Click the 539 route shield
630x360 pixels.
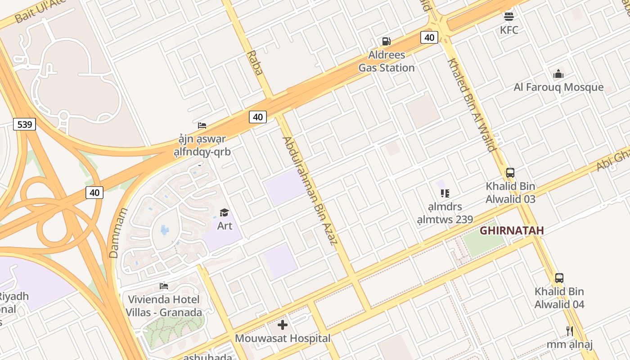click(x=24, y=124)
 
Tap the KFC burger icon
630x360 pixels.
click(x=509, y=16)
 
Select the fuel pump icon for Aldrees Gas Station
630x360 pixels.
click(x=386, y=41)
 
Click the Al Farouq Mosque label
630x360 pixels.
click(x=558, y=87)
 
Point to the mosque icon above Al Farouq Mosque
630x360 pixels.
click(x=558, y=74)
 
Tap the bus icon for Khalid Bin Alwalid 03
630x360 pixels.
click(x=510, y=172)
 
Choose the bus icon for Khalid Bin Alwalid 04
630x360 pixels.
click(x=559, y=278)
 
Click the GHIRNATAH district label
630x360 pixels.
click(x=512, y=231)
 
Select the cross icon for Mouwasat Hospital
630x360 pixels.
click(x=283, y=325)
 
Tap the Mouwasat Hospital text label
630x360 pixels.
click(x=283, y=338)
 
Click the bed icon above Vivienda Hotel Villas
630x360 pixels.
click(x=164, y=286)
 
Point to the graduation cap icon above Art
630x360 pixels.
click(x=224, y=212)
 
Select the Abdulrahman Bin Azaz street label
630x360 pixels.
click(x=310, y=190)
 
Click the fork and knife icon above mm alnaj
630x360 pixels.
click(x=570, y=331)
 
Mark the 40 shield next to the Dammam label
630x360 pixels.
click(x=94, y=193)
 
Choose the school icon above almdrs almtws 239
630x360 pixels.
click(x=445, y=193)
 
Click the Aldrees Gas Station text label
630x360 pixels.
click(x=386, y=62)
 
